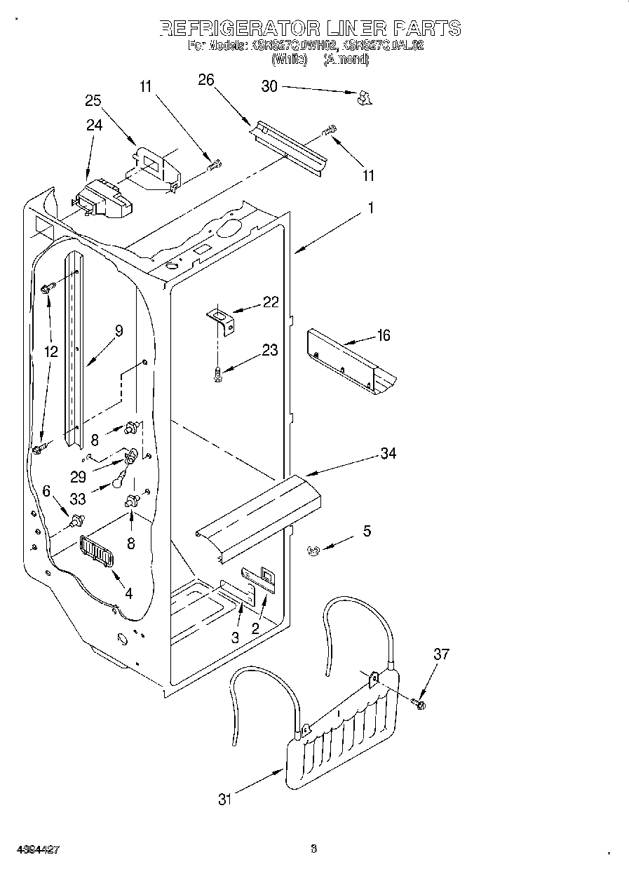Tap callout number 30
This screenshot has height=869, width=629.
[269, 86]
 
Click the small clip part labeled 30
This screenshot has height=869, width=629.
[363, 99]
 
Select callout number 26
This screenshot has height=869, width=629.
[205, 80]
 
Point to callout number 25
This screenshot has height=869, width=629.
[93, 100]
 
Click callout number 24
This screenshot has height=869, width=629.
[94, 125]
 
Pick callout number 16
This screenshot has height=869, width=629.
[383, 335]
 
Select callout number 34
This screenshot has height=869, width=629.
[388, 454]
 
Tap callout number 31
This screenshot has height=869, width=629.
[224, 799]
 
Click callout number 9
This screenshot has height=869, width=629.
[119, 331]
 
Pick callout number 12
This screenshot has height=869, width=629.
[50, 352]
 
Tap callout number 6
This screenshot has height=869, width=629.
[47, 492]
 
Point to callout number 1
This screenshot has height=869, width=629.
[371, 208]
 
